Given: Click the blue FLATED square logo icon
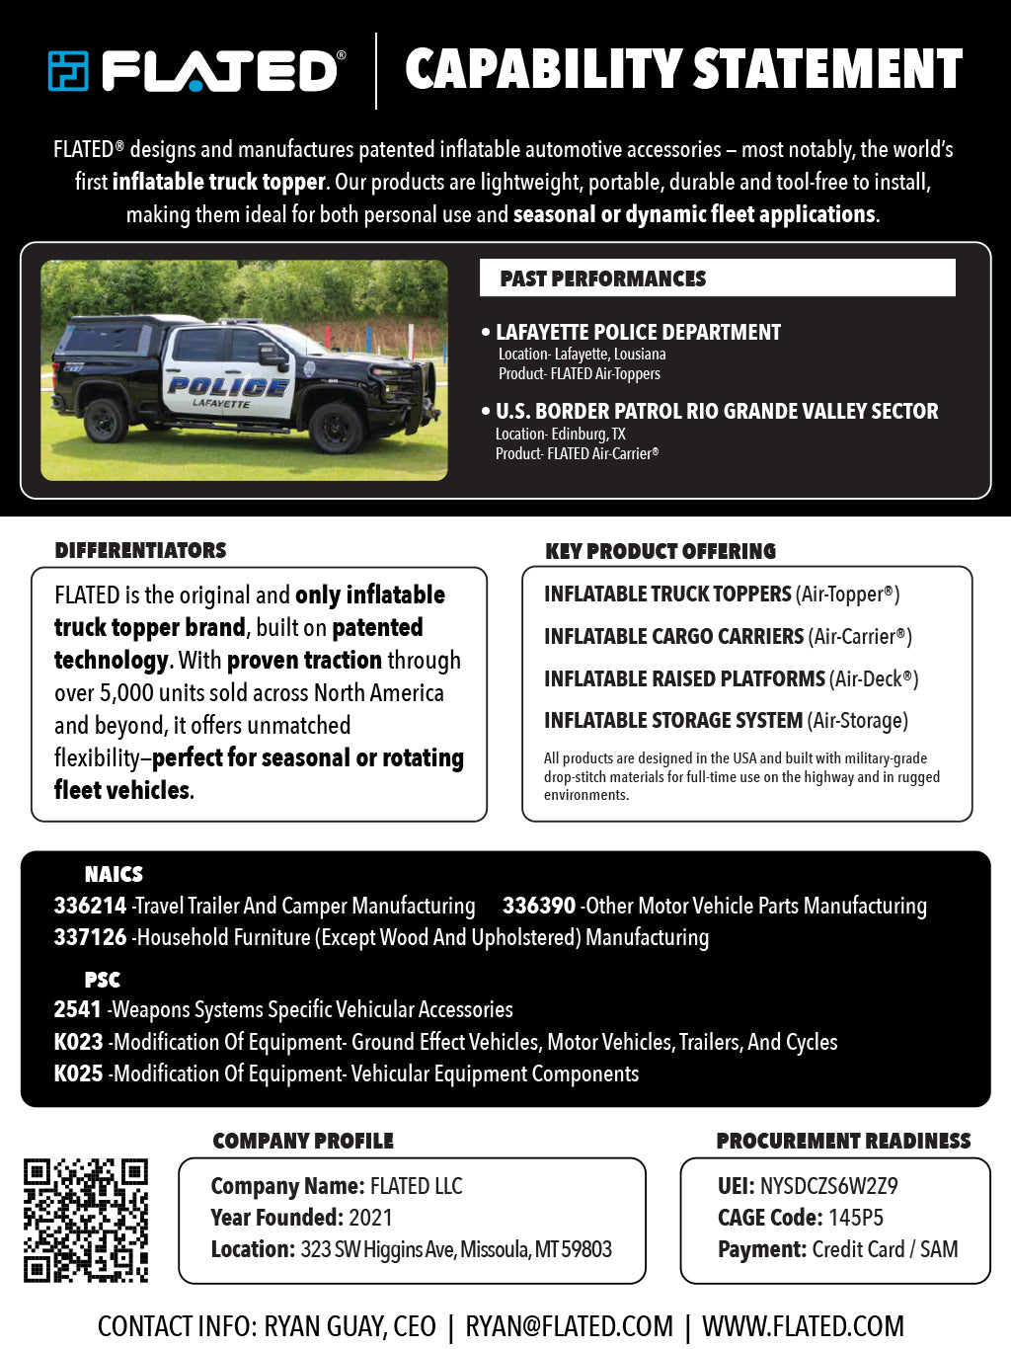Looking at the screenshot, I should (x=68, y=71).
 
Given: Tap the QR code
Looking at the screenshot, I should (x=86, y=1221).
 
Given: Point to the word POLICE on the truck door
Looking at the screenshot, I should (x=228, y=386).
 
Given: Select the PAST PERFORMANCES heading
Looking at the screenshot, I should (x=602, y=278).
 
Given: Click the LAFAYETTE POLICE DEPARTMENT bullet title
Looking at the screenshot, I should (x=638, y=333).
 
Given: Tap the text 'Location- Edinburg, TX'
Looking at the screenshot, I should (x=560, y=434).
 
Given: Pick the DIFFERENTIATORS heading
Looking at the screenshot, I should (x=140, y=551).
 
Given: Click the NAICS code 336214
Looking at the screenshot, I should (x=90, y=906).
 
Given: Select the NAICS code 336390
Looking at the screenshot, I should (x=538, y=906).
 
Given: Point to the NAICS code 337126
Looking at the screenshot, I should (x=90, y=937).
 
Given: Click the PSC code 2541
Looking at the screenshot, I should (x=77, y=1009).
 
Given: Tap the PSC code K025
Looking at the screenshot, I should (x=78, y=1073).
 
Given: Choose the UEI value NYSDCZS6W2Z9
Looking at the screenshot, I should (x=828, y=1186).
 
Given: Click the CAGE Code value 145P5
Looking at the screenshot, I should (x=855, y=1218).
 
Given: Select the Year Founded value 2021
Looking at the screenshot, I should (x=370, y=1218).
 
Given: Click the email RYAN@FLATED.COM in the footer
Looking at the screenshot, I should (x=569, y=1326).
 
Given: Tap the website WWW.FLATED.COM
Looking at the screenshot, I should (x=803, y=1326).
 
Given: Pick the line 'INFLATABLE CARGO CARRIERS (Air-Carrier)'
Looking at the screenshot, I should (x=728, y=637).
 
